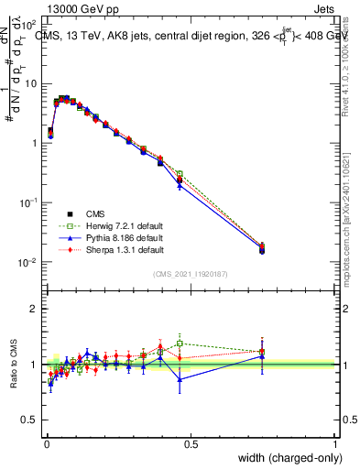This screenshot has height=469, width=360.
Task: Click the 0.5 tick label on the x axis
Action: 190,444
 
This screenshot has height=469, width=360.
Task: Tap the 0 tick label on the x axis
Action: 46,444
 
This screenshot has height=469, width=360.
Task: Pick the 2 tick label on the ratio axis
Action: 34,309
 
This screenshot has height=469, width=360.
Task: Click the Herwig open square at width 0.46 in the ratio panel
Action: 180,344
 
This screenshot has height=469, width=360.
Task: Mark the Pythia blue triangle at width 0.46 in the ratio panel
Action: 180,379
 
